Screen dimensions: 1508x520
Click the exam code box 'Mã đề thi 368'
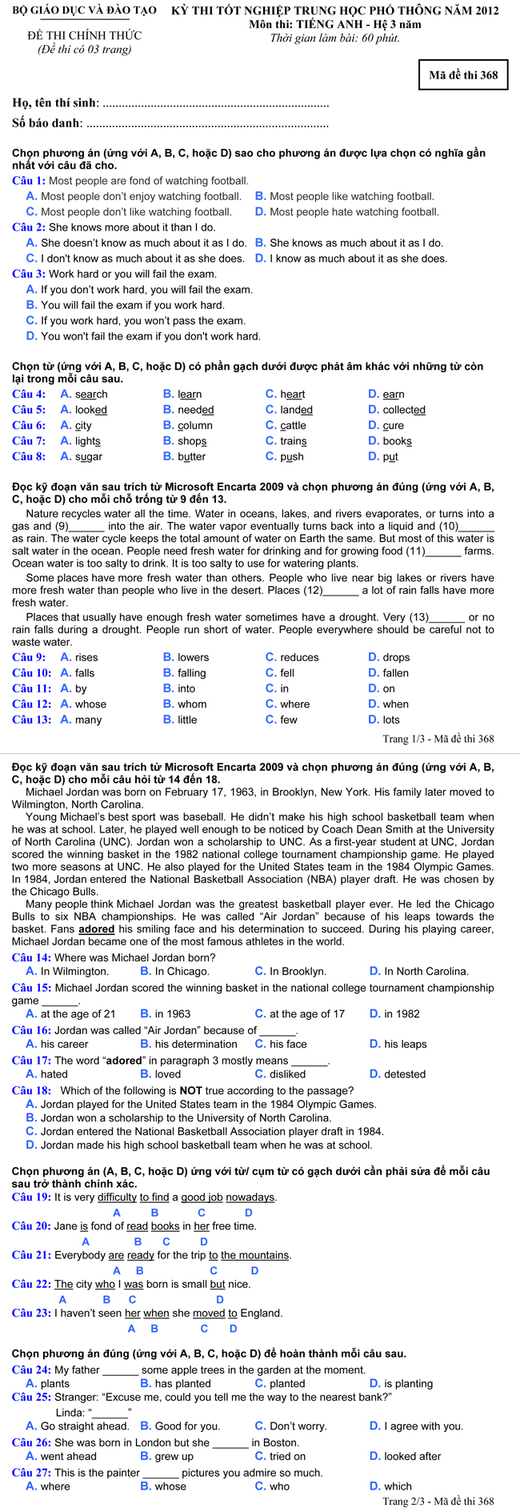point(463,75)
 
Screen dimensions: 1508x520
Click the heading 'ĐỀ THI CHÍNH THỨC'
point(84,36)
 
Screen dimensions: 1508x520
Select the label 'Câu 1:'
point(29,181)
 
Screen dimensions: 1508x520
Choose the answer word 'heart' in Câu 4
point(292,394)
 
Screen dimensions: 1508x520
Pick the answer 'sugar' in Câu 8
point(89,456)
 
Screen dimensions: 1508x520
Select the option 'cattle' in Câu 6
point(293,425)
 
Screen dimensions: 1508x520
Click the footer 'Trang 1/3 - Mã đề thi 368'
point(438,739)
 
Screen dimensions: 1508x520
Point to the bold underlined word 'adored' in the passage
point(96,929)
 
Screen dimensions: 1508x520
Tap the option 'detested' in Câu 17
point(405,1074)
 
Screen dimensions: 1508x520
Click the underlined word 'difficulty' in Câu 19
point(117,1197)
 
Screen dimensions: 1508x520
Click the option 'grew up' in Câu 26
point(174,1457)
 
